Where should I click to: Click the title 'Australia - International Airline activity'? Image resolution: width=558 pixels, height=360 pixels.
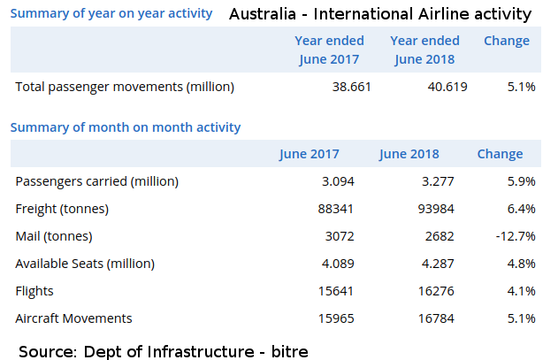point(380,14)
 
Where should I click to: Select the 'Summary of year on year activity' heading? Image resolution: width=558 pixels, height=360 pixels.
point(111,13)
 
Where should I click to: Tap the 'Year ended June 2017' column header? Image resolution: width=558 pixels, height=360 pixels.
point(326,50)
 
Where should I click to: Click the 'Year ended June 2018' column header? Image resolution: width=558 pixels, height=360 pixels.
point(424,50)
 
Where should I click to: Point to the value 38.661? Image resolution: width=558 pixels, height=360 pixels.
point(350,87)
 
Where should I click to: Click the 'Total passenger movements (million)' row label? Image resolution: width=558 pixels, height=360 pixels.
point(125,87)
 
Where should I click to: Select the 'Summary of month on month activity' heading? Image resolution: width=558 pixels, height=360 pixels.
point(126,127)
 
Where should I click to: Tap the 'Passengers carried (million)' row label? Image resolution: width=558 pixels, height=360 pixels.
point(97,181)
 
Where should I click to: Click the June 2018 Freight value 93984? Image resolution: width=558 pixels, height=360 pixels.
point(435,209)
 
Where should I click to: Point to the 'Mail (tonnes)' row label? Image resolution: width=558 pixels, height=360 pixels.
point(54,236)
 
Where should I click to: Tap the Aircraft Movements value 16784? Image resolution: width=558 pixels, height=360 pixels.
point(435,318)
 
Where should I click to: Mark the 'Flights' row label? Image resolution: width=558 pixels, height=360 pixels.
point(34,291)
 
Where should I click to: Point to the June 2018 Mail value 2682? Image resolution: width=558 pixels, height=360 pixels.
point(439,236)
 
